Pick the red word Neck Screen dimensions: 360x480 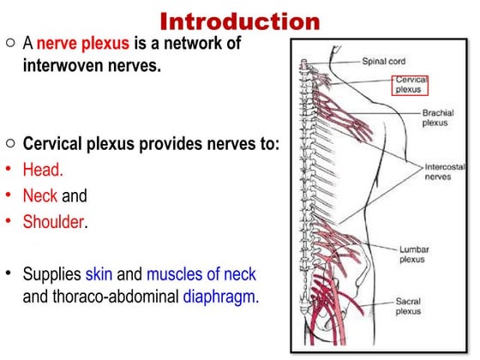tap(39, 195)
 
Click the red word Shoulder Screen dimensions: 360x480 tap(55, 221)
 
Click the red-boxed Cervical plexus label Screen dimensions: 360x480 tap(411, 84)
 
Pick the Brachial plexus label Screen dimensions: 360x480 tap(438, 117)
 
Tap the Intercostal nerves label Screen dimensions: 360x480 tap(443, 171)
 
